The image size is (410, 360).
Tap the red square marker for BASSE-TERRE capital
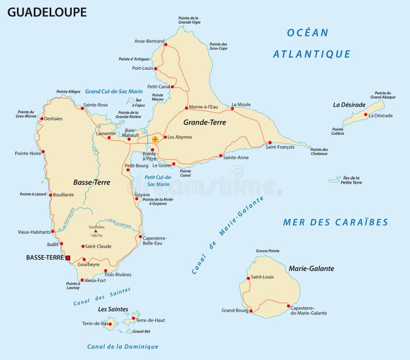68,257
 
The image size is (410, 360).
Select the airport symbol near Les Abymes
155,139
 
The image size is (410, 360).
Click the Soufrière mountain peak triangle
95,231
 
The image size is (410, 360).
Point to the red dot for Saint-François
270,143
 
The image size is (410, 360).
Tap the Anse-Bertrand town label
149,41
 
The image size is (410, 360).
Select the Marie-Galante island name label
311,268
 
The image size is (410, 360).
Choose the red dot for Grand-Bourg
252,310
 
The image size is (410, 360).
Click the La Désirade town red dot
365,115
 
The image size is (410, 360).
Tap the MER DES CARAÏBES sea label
336,222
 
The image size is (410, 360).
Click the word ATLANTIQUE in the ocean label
312,54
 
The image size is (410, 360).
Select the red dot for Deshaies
43,118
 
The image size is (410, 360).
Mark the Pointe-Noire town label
28,153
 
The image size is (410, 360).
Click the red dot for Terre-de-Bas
111,324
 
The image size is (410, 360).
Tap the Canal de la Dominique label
122,347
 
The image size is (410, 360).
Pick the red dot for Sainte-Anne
221,155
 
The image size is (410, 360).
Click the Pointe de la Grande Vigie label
189,20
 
